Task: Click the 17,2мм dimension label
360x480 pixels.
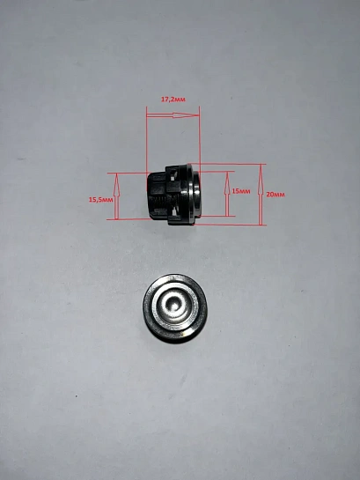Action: click(x=173, y=100)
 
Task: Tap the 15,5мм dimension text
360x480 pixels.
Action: click(x=101, y=200)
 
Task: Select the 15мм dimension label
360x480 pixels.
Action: click(x=241, y=191)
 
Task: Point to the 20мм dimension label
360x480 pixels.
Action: click(x=276, y=195)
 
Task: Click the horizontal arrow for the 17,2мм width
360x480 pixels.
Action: click(x=173, y=115)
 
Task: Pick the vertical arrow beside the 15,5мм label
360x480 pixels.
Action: click(x=116, y=196)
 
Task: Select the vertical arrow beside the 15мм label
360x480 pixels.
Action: click(x=227, y=194)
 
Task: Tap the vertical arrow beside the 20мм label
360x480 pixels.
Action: click(x=261, y=195)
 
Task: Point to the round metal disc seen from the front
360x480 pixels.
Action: click(x=175, y=307)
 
